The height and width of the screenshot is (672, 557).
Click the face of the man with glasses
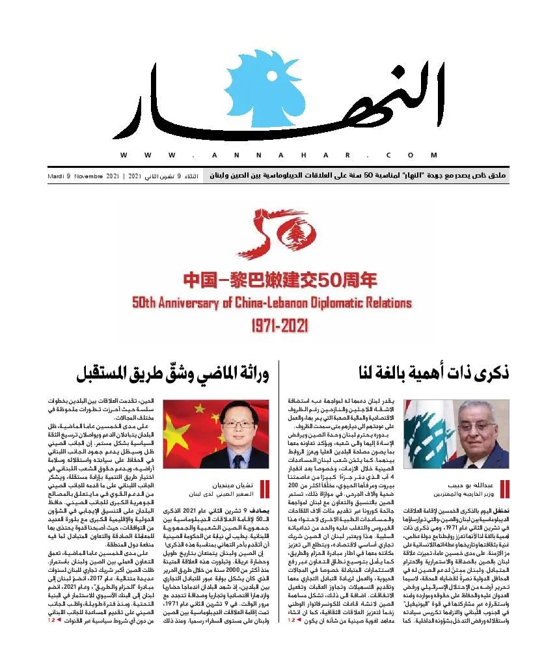[x=228, y=426]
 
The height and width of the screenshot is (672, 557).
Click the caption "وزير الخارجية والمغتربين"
[x=467, y=494]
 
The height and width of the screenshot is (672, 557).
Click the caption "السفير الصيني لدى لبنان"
[x=223, y=494]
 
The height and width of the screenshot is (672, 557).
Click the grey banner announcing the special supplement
[x=356, y=176]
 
